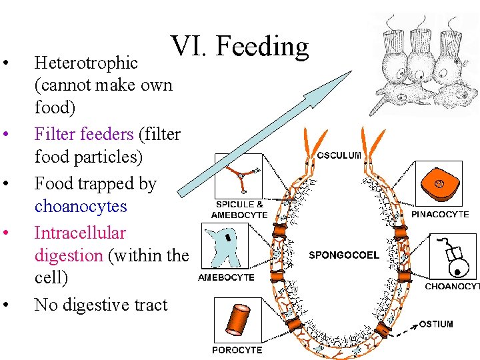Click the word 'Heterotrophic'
[x=86, y=63]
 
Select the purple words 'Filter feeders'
[x=84, y=134]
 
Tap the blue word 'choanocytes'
[x=81, y=206]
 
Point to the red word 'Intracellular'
[x=80, y=233]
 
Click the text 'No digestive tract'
[x=101, y=305]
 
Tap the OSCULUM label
[x=339, y=155]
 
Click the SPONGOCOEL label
[x=344, y=255]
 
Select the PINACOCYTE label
[x=440, y=214]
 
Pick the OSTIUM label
[x=436, y=324]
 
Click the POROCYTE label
[x=237, y=350]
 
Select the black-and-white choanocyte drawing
[x=453, y=257]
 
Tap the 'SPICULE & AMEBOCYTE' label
[x=239, y=209]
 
